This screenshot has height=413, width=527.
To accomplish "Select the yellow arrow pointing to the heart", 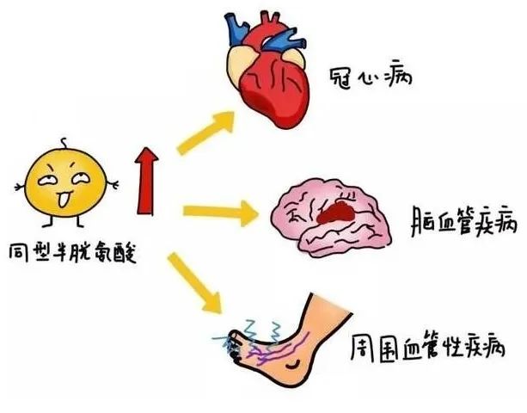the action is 205,133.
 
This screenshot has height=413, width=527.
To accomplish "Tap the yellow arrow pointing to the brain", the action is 221,213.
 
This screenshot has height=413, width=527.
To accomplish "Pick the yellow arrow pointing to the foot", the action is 194,283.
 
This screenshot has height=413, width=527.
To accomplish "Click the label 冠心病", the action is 370,78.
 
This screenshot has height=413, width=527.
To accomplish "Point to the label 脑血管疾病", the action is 463,222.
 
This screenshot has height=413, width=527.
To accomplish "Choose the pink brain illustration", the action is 331,218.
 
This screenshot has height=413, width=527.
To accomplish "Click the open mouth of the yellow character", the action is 64,199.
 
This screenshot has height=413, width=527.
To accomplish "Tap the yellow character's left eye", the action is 48,181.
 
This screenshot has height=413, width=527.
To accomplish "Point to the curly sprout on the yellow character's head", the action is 64,144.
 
